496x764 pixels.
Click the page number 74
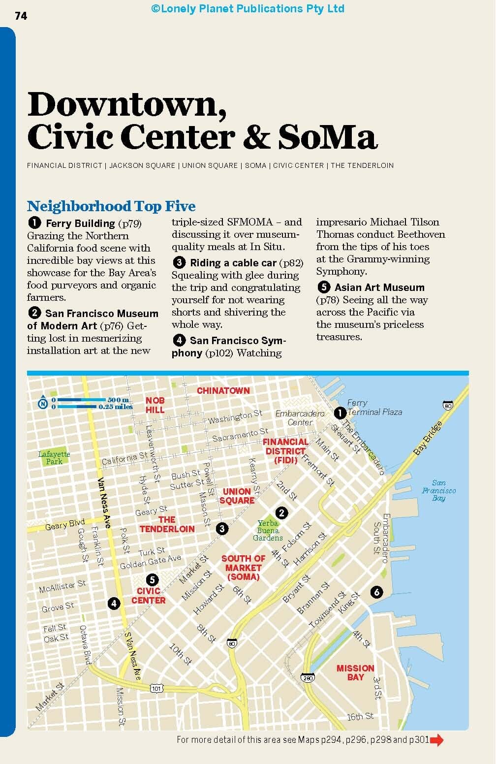pos(21,16)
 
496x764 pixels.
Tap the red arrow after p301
pos(436,739)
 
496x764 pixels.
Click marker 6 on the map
pos(377,592)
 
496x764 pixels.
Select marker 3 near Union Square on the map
pos(222,529)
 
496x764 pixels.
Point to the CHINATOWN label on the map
pos(223,390)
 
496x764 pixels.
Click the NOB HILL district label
pos(155,405)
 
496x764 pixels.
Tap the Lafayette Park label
pos(54,458)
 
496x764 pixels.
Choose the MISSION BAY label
pos(355,672)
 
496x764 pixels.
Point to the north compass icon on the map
pos(43,403)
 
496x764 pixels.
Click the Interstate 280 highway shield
pos(308,678)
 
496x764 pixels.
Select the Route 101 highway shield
pos(156,688)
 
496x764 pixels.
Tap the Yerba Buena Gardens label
pos(268,531)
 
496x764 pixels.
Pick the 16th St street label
pos(360,716)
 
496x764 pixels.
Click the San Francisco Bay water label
pos(438,490)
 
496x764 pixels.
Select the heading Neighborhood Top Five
pos(111,206)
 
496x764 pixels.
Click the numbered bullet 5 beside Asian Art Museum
pos(323,287)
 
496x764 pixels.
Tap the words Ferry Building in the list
pos(80,223)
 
